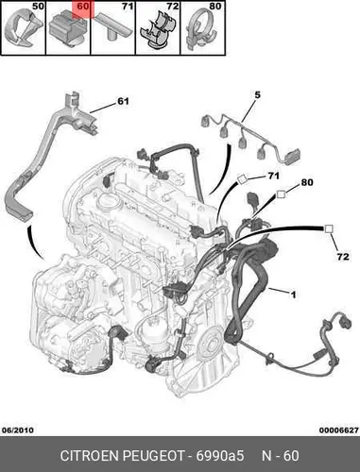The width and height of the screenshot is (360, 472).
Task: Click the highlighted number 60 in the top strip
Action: click(83, 7)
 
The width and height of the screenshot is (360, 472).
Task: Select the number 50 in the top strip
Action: click(38, 7)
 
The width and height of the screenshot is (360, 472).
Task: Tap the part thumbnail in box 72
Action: click(158, 29)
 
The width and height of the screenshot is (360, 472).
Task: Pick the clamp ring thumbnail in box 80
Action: click(202, 30)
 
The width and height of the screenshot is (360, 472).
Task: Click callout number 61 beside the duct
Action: click(123, 101)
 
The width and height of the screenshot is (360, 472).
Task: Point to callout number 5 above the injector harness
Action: click(258, 94)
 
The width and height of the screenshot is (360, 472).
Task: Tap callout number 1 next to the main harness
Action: click(293, 295)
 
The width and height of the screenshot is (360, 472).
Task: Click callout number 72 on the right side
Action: click(343, 257)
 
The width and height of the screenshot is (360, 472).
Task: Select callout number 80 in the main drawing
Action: click(307, 182)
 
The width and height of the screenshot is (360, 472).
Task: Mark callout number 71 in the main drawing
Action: click(273, 176)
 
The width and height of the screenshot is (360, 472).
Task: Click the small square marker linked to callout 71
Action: click(243, 179)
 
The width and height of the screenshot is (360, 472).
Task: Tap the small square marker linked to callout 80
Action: click(281, 194)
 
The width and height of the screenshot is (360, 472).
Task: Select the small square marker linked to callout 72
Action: click(329, 228)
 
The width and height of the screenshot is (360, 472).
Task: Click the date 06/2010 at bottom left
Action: click(18, 430)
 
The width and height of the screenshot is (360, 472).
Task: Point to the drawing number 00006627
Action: click(339, 430)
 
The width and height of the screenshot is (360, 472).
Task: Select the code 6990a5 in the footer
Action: click(220, 456)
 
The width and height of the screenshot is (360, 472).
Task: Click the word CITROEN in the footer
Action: click(90, 456)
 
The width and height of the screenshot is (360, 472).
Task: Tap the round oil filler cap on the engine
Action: click(110, 201)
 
